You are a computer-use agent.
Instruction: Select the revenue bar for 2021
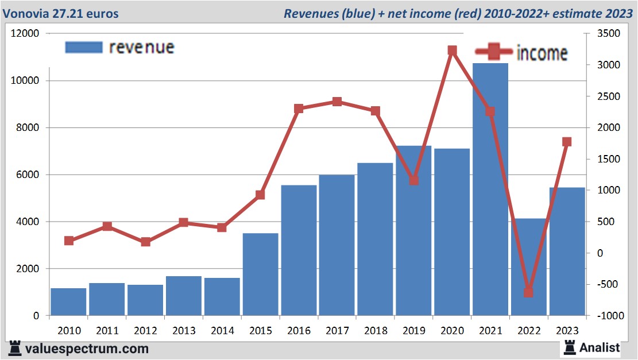click(490, 189)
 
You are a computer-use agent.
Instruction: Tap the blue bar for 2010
click(68, 301)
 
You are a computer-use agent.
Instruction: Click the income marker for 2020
click(452, 51)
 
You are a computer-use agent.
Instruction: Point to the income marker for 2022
click(529, 292)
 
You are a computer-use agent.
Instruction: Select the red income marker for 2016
click(299, 109)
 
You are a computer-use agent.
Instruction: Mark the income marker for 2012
click(145, 242)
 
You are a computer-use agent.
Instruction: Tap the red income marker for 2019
click(413, 180)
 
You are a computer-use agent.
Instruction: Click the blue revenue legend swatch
click(83, 47)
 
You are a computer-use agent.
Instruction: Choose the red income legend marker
click(492, 52)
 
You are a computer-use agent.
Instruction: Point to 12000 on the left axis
click(25, 33)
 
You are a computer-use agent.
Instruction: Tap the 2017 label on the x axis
click(337, 331)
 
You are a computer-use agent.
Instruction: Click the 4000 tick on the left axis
click(28, 222)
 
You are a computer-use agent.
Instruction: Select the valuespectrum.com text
click(87, 349)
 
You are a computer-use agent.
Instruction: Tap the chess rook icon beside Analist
click(569, 347)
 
